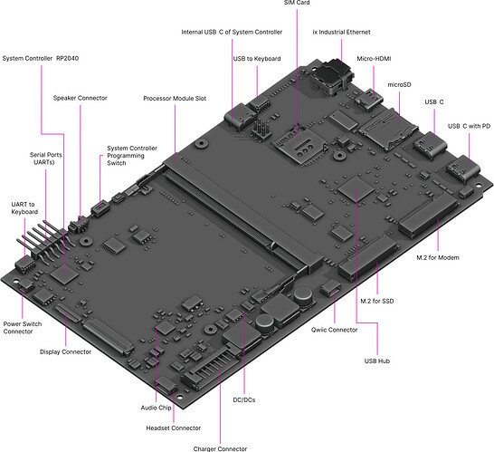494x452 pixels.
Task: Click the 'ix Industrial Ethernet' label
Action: pyautogui.click(x=341, y=32)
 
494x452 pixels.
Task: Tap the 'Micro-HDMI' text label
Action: pyautogui.click(x=374, y=59)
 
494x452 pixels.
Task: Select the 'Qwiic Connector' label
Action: pyautogui.click(x=334, y=330)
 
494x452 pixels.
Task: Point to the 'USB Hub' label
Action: pyautogui.click(x=376, y=361)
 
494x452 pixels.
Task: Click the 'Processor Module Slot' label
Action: pyautogui.click(x=175, y=99)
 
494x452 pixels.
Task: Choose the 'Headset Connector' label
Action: pyautogui.click(x=174, y=428)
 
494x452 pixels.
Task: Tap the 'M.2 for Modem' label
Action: pyautogui.click(x=438, y=257)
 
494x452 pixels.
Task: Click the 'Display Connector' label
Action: pyautogui.click(x=65, y=351)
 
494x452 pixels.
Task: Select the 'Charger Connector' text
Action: pyautogui.click(x=220, y=448)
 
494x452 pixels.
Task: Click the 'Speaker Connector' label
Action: pyautogui.click(x=80, y=98)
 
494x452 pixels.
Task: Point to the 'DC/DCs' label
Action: pyautogui.click(x=244, y=400)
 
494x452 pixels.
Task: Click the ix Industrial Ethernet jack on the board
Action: pyautogui.click(x=332, y=76)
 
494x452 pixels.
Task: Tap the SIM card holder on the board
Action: pyautogui.click(x=299, y=145)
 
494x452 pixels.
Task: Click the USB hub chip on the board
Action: pyautogui.click(x=356, y=188)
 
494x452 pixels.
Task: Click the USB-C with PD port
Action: pyautogui.click(x=463, y=168)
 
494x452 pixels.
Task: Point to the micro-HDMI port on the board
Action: pyautogui.click(x=368, y=100)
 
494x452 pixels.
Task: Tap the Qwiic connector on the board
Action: pyautogui.click(x=330, y=287)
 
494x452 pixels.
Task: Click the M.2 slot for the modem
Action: pyautogui.click(x=429, y=216)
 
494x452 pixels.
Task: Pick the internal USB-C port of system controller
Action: pyautogui.click(x=240, y=116)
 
